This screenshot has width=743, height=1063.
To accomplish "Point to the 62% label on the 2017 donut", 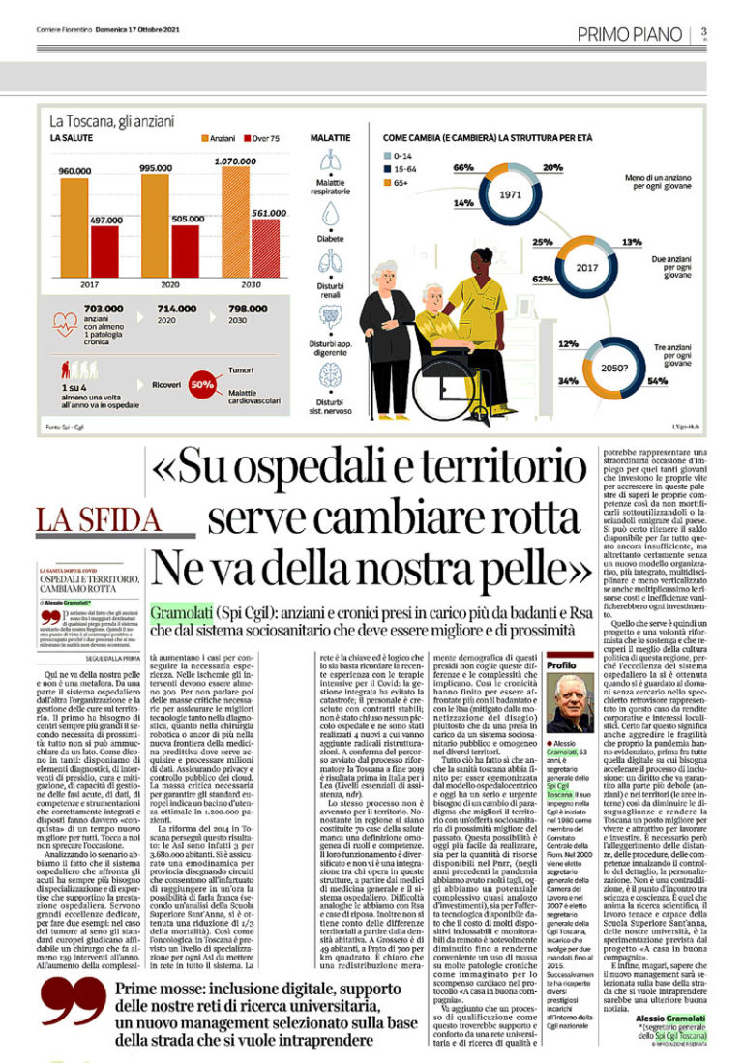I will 542,280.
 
